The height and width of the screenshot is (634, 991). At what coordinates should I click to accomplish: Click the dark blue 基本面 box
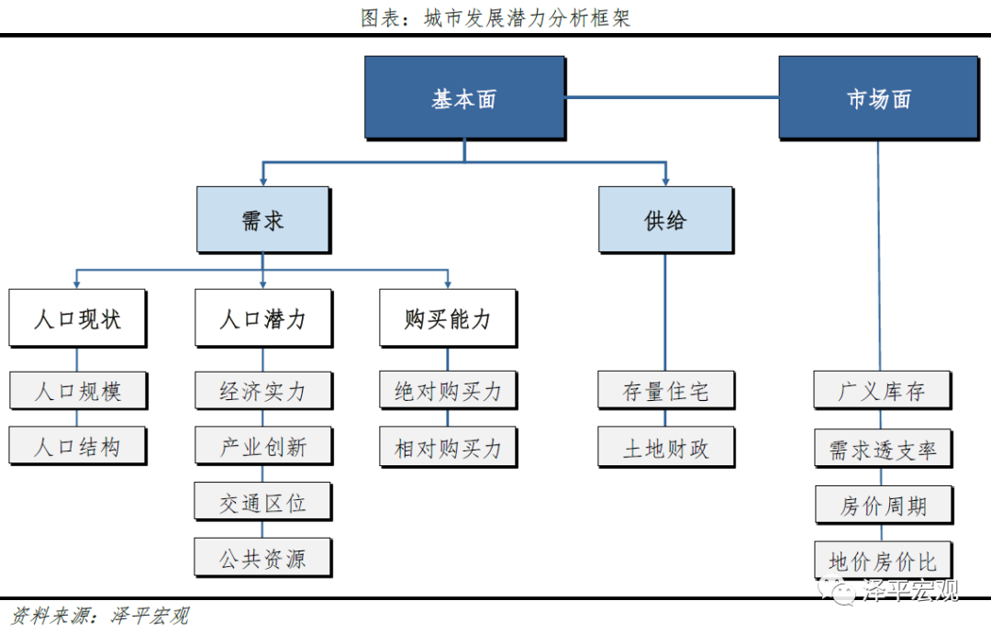coord(463,98)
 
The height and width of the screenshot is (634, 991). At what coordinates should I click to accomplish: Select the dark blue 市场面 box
coord(878,98)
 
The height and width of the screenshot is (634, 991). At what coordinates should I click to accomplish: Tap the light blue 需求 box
coord(262,220)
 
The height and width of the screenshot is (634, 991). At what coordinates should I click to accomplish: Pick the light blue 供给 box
coord(665,220)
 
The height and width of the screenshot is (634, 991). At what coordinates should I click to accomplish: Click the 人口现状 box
coord(77,318)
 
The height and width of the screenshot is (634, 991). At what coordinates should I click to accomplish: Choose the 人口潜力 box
coord(262,318)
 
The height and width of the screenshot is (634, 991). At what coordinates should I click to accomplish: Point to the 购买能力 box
coord(448,318)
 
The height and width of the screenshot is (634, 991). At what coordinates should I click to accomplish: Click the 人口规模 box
coord(77,391)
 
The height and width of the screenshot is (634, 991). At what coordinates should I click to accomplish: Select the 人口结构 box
coord(77,447)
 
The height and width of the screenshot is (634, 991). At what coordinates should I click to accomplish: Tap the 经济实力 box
coord(262,391)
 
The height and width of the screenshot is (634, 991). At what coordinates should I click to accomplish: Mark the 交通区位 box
coord(262,503)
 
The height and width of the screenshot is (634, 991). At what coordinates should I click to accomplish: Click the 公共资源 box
coord(262,559)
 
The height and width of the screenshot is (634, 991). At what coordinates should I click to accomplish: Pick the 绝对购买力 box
coord(448,391)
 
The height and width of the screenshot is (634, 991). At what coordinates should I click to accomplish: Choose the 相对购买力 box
coord(448,448)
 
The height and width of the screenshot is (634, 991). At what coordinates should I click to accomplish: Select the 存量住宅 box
coord(665,391)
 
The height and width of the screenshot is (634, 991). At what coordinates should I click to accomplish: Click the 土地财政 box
coord(665,448)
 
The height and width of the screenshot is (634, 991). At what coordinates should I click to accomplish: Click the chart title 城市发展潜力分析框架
coord(495,17)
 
